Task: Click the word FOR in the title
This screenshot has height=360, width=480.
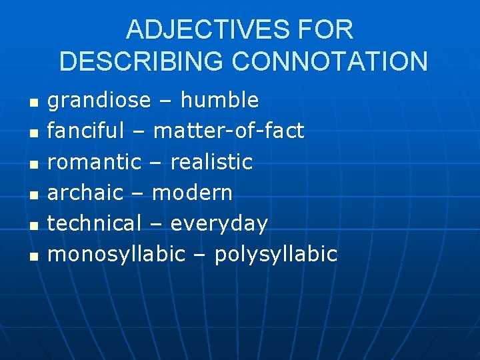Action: [327, 30]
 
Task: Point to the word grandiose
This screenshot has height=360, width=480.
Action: [99, 101]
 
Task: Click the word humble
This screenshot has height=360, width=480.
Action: [219, 101]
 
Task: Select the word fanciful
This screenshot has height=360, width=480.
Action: [86, 131]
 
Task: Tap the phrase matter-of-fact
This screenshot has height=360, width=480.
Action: [229, 131]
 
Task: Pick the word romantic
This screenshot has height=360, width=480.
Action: [95, 162]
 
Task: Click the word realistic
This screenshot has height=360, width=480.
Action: [211, 162]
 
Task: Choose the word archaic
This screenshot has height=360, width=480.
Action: [85, 193]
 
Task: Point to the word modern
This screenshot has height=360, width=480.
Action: [193, 193]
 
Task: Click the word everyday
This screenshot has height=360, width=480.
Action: [219, 224]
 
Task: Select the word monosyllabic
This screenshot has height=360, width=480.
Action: [117, 255]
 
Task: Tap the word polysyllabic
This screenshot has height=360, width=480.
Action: [276, 255]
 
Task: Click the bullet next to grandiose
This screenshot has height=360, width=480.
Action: [35, 103]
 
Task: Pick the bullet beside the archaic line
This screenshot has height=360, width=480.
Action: [35, 195]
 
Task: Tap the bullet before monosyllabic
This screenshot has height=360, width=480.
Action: [35, 256]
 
